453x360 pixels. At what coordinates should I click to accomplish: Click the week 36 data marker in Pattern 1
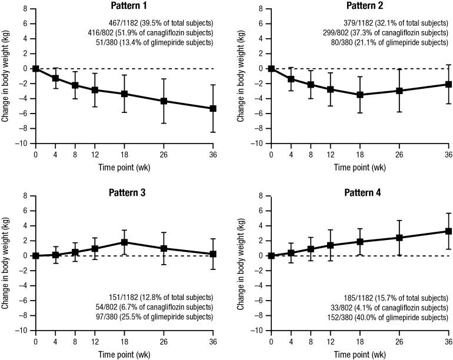[213, 108]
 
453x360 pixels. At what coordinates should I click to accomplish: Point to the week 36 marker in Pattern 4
[448, 231]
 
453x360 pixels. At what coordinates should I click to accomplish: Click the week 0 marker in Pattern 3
[35, 256]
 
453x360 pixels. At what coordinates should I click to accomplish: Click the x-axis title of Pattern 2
[360, 166]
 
